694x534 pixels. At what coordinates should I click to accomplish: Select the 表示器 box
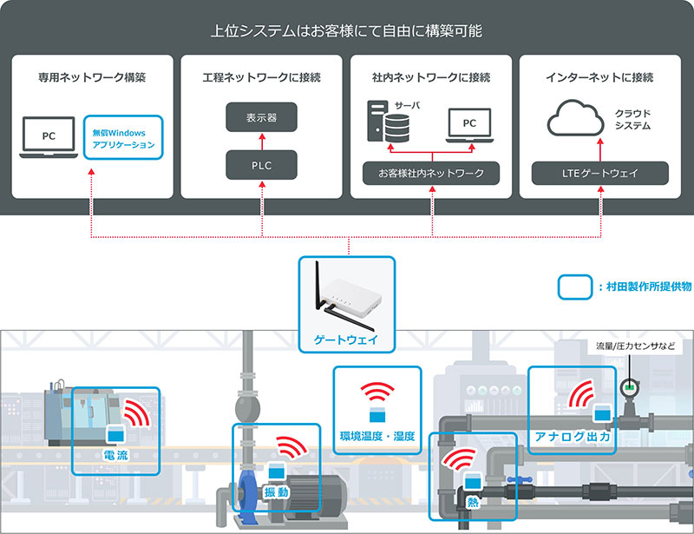click(x=261, y=116)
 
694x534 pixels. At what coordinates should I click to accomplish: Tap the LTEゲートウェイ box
click(x=600, y=172)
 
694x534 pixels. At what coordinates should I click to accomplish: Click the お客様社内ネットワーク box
click(x=431, y=172)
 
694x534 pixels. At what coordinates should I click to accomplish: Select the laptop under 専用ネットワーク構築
click(x=49, y=139)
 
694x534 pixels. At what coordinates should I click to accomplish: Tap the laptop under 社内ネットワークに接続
click(x=469, y=126)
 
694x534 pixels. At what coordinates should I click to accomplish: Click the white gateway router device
click(x=347, y=295)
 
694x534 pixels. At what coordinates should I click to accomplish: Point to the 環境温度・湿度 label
click(x=377, y=435)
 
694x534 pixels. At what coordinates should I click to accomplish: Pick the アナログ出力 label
click(x=573, y=438)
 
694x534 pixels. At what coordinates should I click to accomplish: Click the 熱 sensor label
click(x=472, y=502)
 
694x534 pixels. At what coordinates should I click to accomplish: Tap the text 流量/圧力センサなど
click(x=633, y=346)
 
